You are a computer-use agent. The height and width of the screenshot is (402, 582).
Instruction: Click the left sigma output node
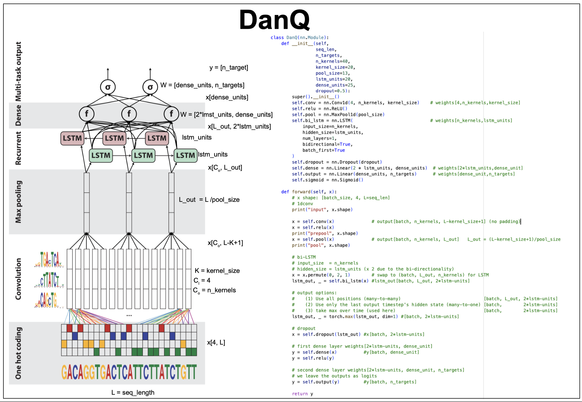pyautogui.click(x=108, y=87)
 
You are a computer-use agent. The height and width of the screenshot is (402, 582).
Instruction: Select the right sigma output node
pyautogui.click(x=150, y=87)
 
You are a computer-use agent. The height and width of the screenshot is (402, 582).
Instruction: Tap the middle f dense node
pyautogui.click(x=129, y=114)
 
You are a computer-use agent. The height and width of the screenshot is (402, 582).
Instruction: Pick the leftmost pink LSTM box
pyautogui.click(x=72, y=138)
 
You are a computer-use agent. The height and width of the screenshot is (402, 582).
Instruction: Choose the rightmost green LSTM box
pyautogui.click(x=185, y=156)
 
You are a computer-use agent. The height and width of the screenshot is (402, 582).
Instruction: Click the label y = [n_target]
pyautogui.click(x=229, y=68)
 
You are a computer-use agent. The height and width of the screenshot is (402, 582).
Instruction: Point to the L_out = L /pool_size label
pyautogui.click(x=209, y=200)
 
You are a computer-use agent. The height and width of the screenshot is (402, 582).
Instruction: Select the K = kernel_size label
pyautogui.click(x=217, y=271)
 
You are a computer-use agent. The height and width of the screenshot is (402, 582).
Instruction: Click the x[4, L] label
pyautogui.click(x=216, y=342)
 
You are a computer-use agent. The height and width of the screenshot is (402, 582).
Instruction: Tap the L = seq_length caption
pyautogui.click(x=133, y=392)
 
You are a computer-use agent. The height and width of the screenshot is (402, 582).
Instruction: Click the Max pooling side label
pyautogui.click(x=18, y=202)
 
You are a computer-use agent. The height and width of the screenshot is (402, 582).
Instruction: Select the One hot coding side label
pyautogui.click(x=18, y=353)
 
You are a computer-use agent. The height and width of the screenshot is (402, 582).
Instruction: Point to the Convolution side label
pyautogui.click(x=18, y=279)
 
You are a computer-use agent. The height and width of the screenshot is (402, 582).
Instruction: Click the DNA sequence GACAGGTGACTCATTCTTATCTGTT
pyautogui.click(x=129, y=372)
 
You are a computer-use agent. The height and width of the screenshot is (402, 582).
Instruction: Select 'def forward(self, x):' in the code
pyautogui.click(x=309, y=192)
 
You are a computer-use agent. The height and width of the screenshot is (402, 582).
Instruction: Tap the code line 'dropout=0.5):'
pyautogui.click(x=333, y=91)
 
